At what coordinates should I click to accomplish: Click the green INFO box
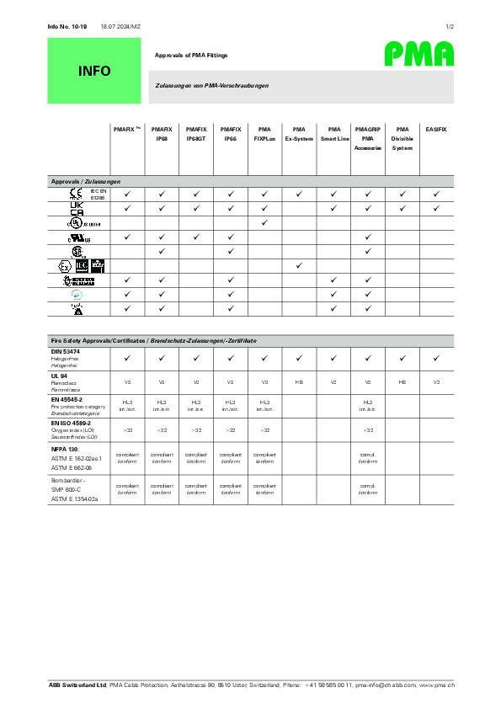click(x=94, y=71)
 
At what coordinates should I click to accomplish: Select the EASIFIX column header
click(x=436, y=129)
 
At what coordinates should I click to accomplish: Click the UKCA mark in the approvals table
click(x=77, y=208)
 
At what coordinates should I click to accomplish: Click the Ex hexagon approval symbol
click(x=64, y=265)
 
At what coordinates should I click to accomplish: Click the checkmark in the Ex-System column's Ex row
click(x=299, y=265)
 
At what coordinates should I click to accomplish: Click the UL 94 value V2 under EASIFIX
click(x=436, y=382)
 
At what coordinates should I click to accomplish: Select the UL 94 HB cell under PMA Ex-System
click(x=299, y=382)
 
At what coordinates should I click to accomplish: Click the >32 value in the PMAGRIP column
click(x=368, y=430)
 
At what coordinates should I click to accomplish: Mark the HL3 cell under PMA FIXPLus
click(x=264, y=402)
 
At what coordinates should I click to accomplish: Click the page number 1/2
click(x=450, y=27)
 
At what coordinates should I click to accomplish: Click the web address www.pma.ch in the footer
click(x=438, y=686)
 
